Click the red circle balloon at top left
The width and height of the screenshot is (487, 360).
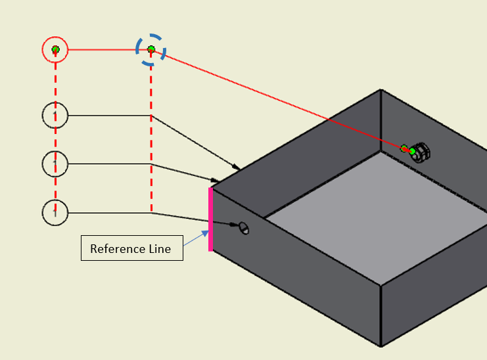pyautogui.click(x=55, y=49)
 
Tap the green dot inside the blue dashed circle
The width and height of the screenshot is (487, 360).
pyautogui.click(x=151, y=49)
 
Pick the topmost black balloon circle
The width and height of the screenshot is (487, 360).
pyautogui.click(x=55, y=116)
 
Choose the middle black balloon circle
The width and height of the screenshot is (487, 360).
pyautogui.click(x=55, y=164)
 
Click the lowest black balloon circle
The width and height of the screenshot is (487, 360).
pyautogui.click(x=55, y=212)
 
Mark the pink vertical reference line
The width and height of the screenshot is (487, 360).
pyautogui.click(x=210, y=219)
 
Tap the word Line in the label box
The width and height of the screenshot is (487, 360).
pyautogui.click(x=159, y=249)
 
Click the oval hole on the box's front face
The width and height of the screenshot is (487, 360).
pyautogui.click(x=244, y=228)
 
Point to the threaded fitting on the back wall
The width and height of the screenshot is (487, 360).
pyautogui.click(x=421, y=152)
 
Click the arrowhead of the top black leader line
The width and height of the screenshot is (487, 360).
pyautogui.click(x=235, y=166)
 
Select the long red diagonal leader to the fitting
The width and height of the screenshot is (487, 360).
pyautogui.click(x=276, y=98)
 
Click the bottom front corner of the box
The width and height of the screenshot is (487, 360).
pyautogui.click(x=381, y=346)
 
